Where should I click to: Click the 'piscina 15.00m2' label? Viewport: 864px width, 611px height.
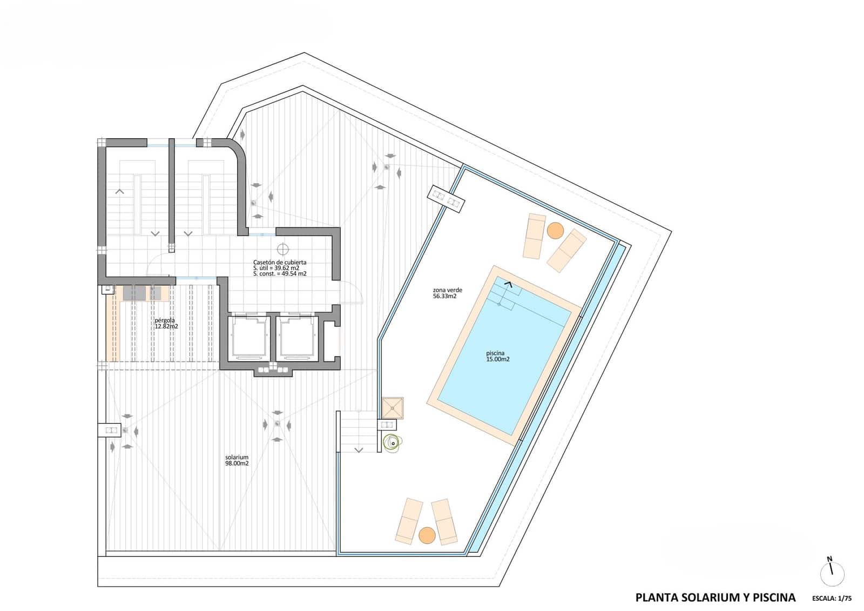point(497,357)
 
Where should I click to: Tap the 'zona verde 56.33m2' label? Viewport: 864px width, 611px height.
point(447,293)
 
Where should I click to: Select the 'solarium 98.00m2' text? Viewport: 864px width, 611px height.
point(237,460)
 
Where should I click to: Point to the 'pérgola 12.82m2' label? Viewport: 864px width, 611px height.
point(166,323)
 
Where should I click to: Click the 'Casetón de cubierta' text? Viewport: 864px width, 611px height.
point(280,263)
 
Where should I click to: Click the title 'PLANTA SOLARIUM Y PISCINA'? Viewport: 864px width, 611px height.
point(715,597)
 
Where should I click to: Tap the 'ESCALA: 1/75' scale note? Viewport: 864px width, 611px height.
point(832,599)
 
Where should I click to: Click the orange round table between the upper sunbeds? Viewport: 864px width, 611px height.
point(555,231)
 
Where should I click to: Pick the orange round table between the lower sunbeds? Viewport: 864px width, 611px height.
point(427,535)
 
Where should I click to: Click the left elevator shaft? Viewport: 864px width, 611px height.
point(249,338)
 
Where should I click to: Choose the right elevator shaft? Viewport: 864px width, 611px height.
point(297,338)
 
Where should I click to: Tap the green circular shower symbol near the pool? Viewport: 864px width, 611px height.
point(391,442)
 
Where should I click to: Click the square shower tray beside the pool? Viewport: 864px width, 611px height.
point(393,408)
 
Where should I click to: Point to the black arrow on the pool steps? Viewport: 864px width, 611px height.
point(508,281)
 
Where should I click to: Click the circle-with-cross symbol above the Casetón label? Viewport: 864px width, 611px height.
point(282,249)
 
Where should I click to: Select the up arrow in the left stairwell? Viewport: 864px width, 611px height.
point(120,191)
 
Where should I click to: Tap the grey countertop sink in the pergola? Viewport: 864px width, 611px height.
point(134,293)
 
